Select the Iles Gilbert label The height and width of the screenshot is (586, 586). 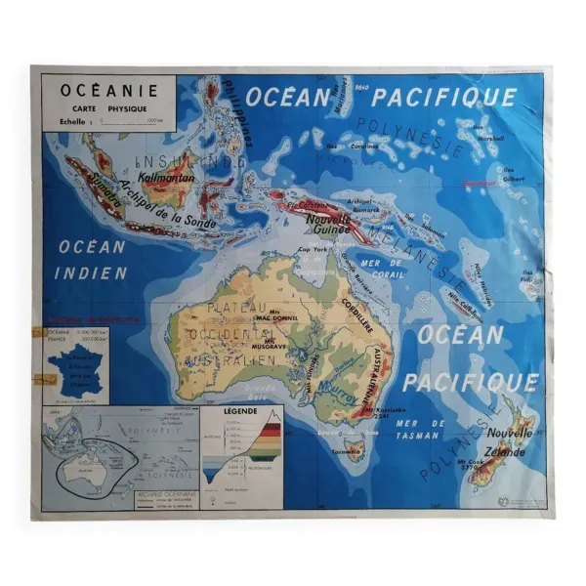click(x=511, y=174)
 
